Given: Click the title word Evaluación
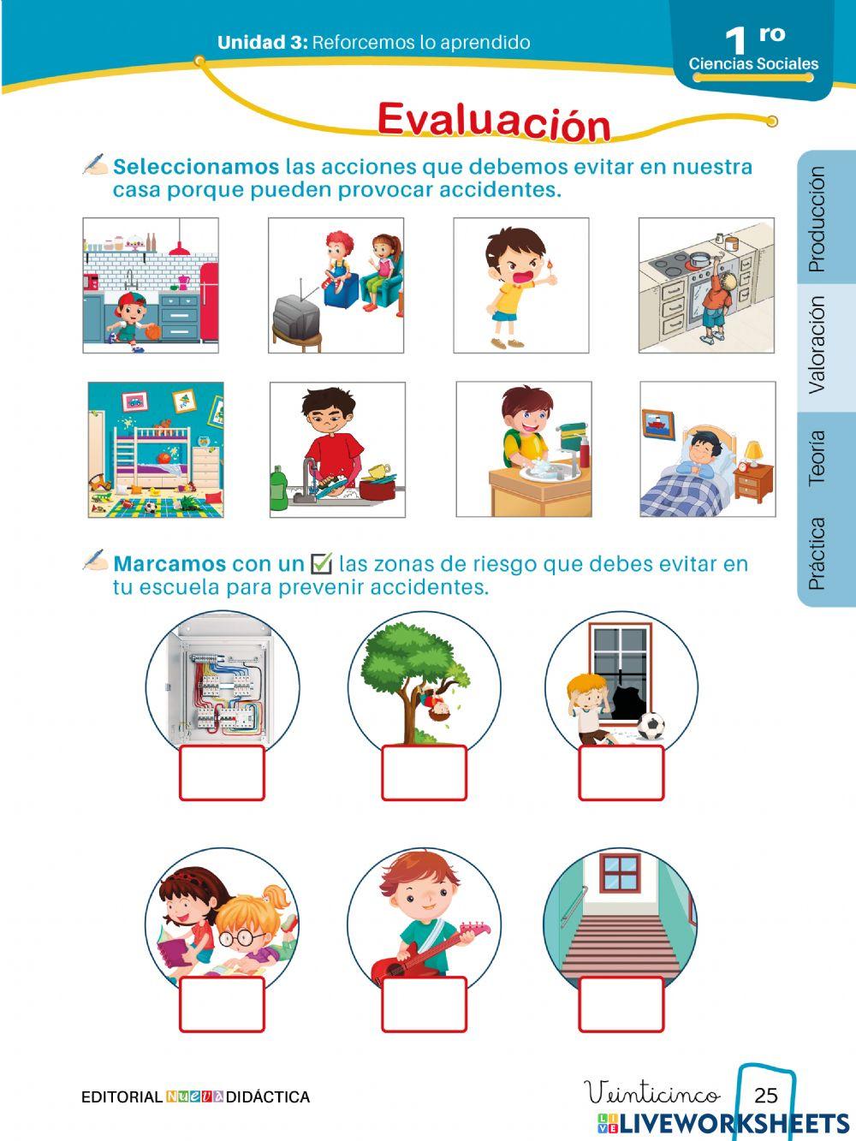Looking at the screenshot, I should coord(494,121).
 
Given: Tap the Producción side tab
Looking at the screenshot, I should coord(817,219).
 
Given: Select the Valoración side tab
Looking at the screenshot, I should coord(817,344).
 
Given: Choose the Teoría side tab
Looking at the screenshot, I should coord(817,458).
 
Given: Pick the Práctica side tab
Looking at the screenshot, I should coord(817,553).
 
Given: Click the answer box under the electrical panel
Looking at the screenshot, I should coord(222,773).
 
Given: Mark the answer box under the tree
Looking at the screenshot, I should coord(424,773).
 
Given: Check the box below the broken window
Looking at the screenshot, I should coord(621,773).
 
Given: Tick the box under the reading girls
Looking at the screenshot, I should coord(222,1004).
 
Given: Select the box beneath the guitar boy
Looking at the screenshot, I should coord(424,1004).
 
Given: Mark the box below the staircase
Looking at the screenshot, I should coord(621,1004).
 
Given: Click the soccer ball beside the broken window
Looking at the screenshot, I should coord(651,727).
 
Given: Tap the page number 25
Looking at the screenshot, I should coord(766,1095).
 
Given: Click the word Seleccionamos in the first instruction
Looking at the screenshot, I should coord(196,166).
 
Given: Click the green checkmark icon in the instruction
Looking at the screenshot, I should coord(321,562).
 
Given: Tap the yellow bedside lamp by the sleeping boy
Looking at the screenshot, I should coord(752,452).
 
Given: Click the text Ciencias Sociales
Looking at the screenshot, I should coord(753,63).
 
